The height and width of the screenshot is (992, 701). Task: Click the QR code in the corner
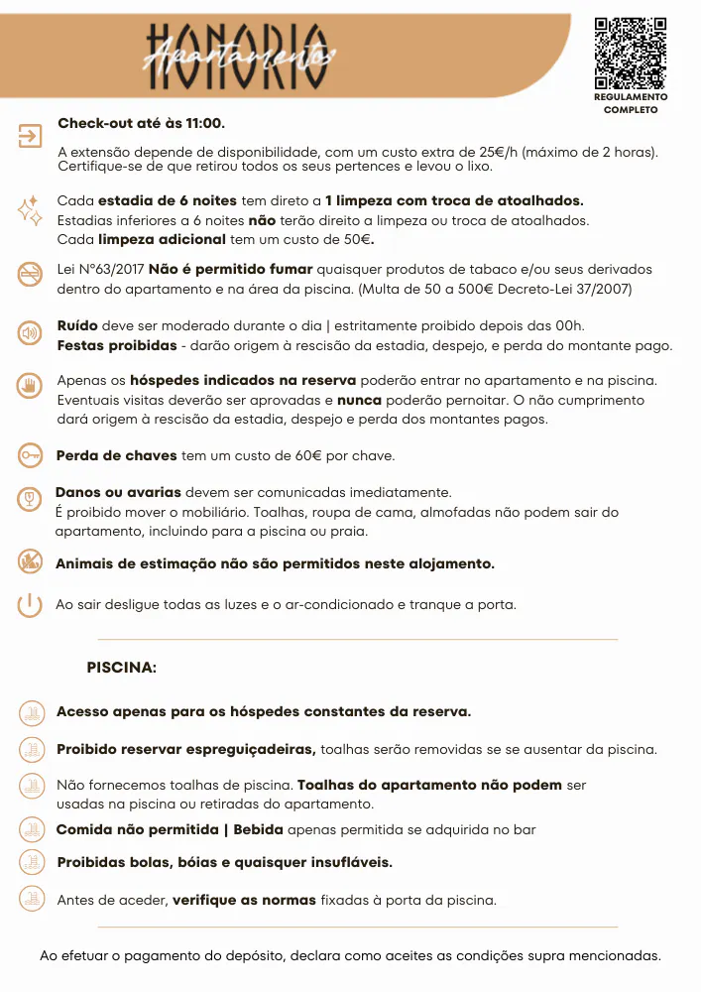tap(630, 54)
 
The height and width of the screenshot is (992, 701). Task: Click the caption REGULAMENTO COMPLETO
tap(631, 103)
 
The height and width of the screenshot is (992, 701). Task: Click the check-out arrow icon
tap(31, 136)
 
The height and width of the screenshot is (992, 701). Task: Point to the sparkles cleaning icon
tap(30, 209)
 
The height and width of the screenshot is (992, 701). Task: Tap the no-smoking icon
tap(31, 275)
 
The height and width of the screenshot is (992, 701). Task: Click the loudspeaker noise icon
tap(31, 332)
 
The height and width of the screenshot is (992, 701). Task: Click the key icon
tap(31, 455)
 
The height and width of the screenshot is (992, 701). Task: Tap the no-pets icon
tap(31, 561)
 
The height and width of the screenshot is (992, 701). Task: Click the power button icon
tap(31, 604)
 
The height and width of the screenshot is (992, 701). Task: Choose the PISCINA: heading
tap(122, 668)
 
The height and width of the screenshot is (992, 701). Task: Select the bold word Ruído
tap(77, 325)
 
